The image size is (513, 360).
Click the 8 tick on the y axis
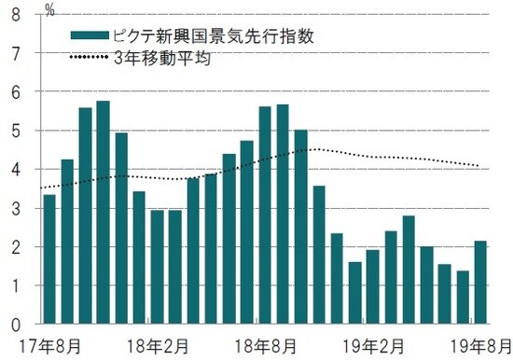pos(14,15)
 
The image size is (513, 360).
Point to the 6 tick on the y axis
pos(14,92)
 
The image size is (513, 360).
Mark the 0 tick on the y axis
pos(14,325)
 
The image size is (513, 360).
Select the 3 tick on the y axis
pos(14,208)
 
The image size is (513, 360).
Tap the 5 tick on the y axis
pos(14,132)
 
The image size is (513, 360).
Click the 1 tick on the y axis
pos(14,285)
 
